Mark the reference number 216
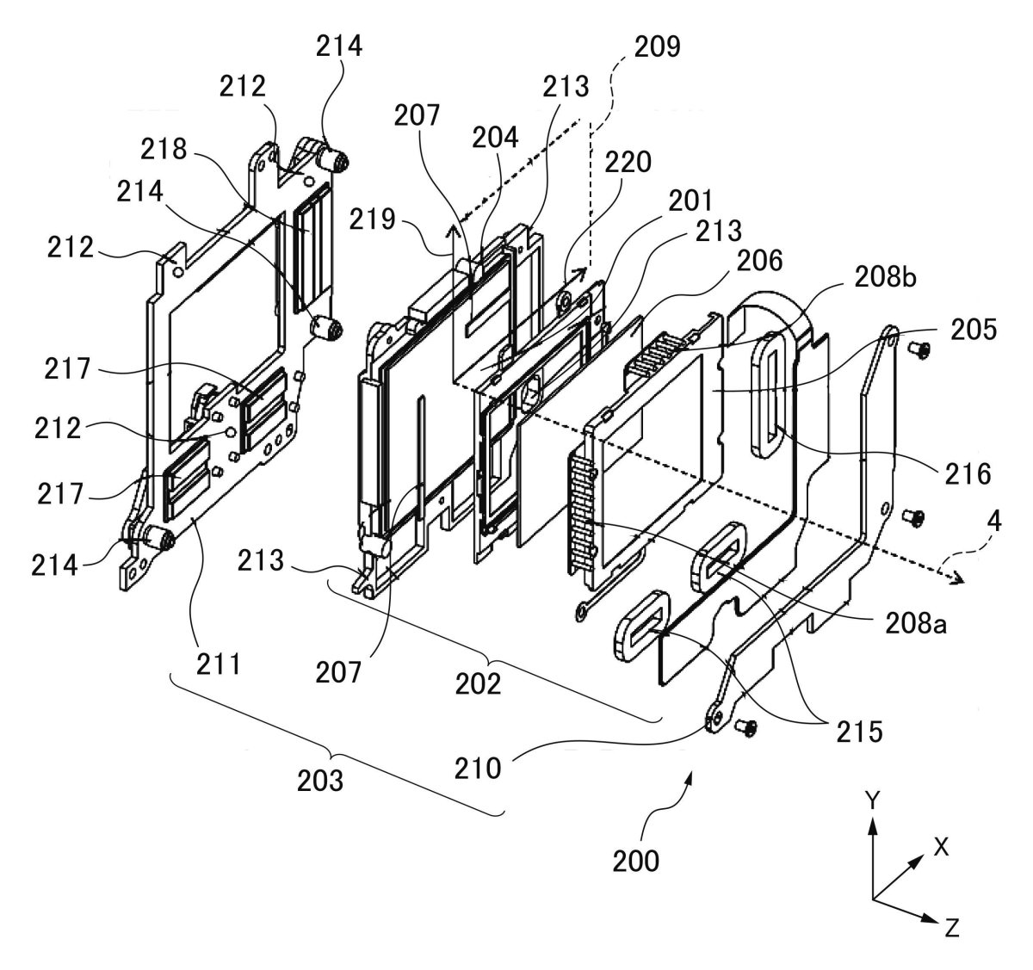[x=967, y=473]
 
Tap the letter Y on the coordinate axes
[x=871, y=800]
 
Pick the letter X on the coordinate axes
[x=941, y=847]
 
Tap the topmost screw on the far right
[x=915, y=348]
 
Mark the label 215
[x=857, y=732]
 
